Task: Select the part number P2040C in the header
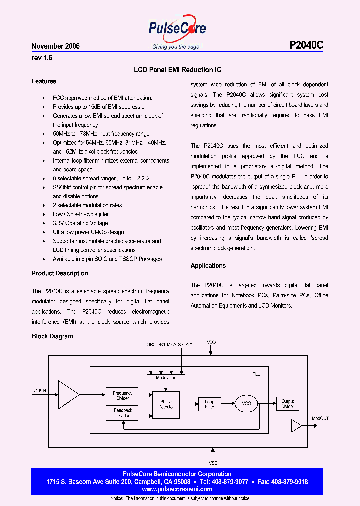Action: pos(306,45)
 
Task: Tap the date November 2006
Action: pos(56,46)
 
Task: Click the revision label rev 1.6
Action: pos(42,58)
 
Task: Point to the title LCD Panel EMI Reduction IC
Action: pos(177,70)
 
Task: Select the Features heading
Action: pos(44,81)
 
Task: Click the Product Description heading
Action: pos(60,273)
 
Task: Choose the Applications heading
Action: pos(208,266)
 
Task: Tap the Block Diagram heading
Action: pos(52,336)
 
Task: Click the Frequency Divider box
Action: pos(122,395)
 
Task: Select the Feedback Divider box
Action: pos(122,413)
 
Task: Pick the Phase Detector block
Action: pos(166,404)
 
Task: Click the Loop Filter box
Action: pos(209,404)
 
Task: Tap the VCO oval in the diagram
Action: pos(246,404)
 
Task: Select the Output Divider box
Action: pos(287,404)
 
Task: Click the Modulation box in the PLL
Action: pos(166,378)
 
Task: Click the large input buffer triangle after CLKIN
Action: pos(68,395)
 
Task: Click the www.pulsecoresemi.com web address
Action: pos(177,489)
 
